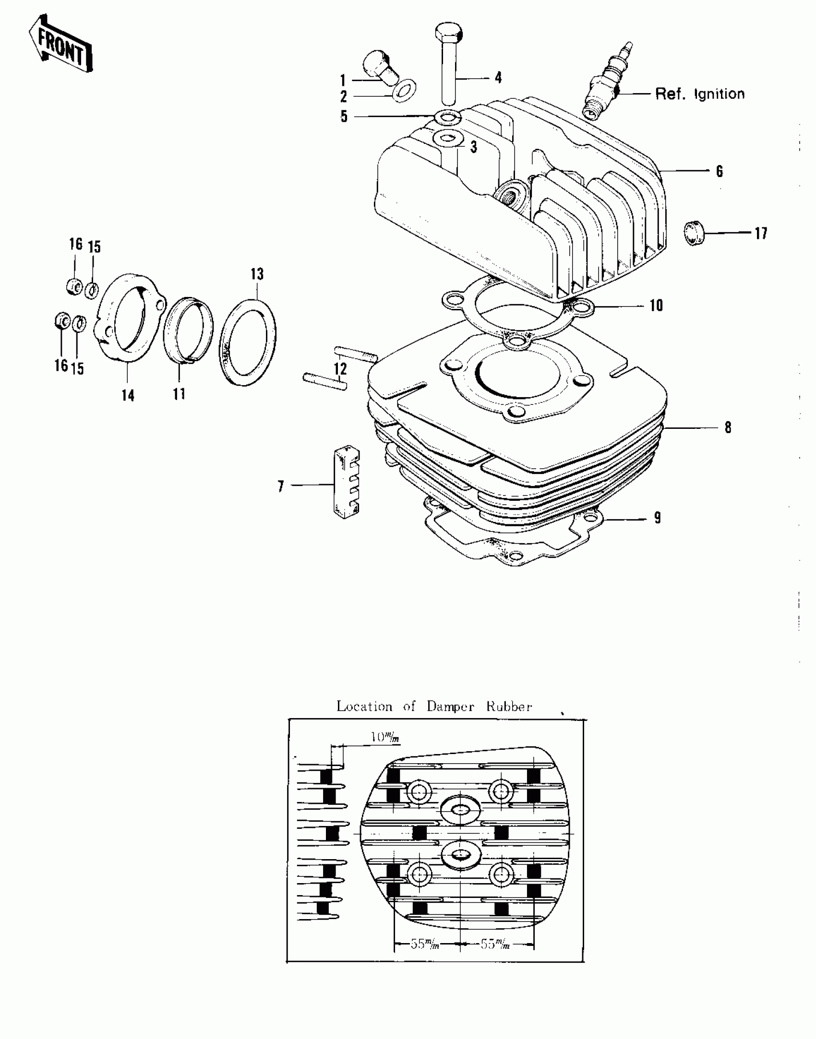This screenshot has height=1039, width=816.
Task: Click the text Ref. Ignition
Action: (x=700, y=94)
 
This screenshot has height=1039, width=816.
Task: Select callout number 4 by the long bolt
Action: (x=498, y=77)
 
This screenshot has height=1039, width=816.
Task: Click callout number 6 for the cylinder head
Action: (x=719, y=171)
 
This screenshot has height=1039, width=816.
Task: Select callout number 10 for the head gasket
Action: (x=656, y=306)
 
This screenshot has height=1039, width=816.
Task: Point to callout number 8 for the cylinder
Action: (x=728, y=427)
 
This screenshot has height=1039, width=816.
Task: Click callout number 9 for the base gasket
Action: (x=657, y=518)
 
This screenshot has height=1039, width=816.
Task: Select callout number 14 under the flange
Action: (x=128, y=396)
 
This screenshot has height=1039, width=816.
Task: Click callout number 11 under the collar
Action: (x=179, y=394)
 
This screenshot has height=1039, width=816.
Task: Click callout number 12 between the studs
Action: (x=340, y=369)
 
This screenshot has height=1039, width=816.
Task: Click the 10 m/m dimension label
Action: (x=384, y=737)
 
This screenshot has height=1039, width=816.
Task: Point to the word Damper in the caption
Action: (x=450, y=707)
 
